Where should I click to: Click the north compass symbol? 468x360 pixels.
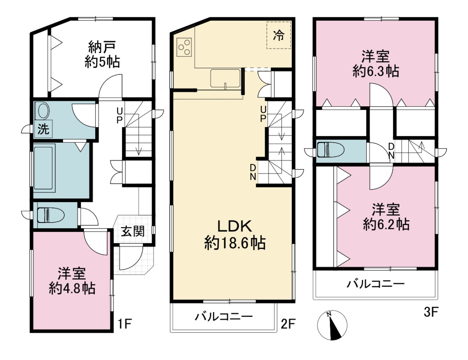pyautogui.click(x=332, y=325)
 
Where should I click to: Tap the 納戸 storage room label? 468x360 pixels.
pyautogui.click(x=102, y=47)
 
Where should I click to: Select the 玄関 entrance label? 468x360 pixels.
pyautogui.click(x=133, y=231)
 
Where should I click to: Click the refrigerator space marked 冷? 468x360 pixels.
pyautogui.click(x=279, y=35)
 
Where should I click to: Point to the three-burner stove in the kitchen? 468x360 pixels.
pyautogui.click(x=184, y=47)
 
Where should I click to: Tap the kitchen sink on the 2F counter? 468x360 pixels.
pyautogui.click(x=225, y=78)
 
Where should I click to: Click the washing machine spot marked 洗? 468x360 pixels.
pyautogui.click(x=44, y=129)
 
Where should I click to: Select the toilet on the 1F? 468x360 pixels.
pyautogui.click(x=51, y=215)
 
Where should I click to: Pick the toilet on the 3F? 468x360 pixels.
pyautogui.click(x=331, y=150)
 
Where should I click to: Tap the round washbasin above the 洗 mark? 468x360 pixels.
pyautogui.click(x=44, y=111)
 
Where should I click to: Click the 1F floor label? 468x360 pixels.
pyautogui.click(x=125, y=324)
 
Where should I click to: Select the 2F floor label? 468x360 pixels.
pyautogui.click(x=288, y=324)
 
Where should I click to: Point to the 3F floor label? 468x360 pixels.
pyautogui.click(x=431, y=312)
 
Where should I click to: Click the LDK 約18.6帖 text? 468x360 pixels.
pyautogui.click(x=235, y=235)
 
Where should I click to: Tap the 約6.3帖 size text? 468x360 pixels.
pyautogui.click(x=376, y=71)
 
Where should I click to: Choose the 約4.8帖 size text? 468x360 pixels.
pyautogui.click(x=72, y=288)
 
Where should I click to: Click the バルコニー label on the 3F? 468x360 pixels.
pyautogui.click(x=376, y=284)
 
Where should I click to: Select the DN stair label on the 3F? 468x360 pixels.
pyautogui.click(x=391, y=151)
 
